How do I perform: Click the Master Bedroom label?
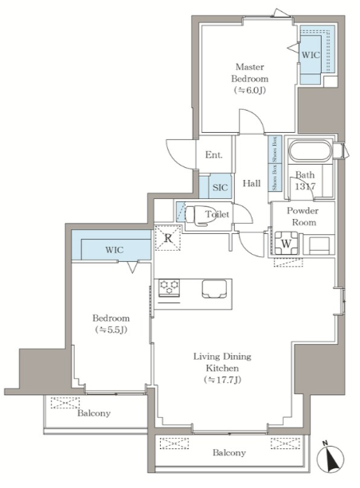(x=250, y=72)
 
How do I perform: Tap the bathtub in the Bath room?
(x=310, y=151)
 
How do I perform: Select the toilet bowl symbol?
(x=201, y=215)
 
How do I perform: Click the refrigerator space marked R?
(x=168, y=238)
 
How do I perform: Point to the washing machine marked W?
(x=286, y=244)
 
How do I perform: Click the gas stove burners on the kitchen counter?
(x=169, y=287)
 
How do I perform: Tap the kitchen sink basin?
(x=214, y=289)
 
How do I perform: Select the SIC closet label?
(x=220, y=187)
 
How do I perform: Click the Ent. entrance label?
(x=214, y=154)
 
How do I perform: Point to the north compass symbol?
(x=330, y=459)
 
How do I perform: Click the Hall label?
(x=252, y=183)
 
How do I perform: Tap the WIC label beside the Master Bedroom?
(x=311, y=55)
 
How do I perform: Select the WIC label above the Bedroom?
(x=114, y=250)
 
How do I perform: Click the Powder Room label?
(x=302, y=217)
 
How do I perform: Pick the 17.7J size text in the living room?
(x=223, y=380)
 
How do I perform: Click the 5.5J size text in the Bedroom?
(x=111, y=330)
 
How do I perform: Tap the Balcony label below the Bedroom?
(x=94, y=413)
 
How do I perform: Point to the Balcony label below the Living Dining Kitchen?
(x=229, y=452)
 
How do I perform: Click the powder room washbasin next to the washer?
(x=319, y=244)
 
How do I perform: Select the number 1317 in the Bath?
(x=305, y=186)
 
